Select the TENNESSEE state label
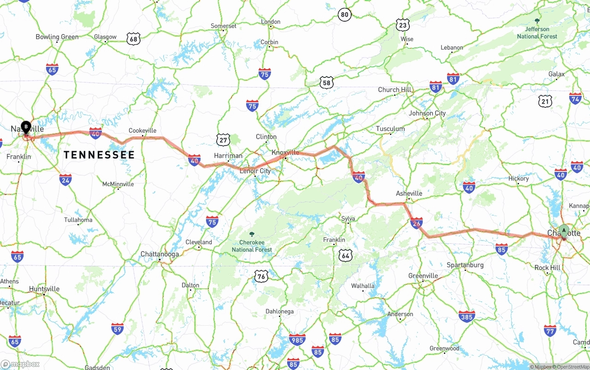[x=99, y=155]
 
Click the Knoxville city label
[x=285, y=153]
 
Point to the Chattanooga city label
[x=159, y=254]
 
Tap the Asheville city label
[x=409, y=194]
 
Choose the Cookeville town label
[x=142, y=131]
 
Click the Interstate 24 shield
[x=65, y=180]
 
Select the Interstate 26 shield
[x=416, y=223]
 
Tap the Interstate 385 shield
[x=466, y=316]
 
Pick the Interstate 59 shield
[x=118, y=329]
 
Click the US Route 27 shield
[x=223, y=140]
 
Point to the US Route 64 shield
[x=345, y=255]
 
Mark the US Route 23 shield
[x=403, y=25]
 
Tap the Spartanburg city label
[x=465, y=265]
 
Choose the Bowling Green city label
[x=57, y=37]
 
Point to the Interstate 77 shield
[x=550, y=330]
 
